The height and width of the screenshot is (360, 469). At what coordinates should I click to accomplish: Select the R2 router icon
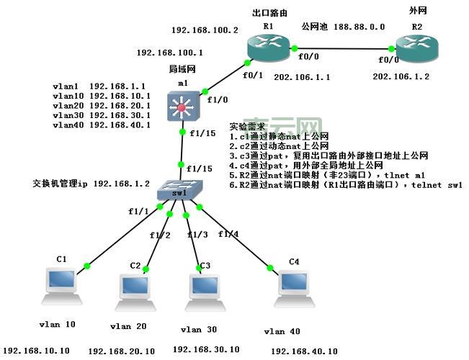click(416, 48)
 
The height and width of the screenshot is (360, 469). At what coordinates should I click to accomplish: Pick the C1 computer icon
click(61, 284)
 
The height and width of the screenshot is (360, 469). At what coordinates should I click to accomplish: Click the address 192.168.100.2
click(205, 30)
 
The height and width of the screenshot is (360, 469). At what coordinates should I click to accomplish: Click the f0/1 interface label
click(253, 75)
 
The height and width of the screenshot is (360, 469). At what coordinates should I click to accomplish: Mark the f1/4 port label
click(228, 233)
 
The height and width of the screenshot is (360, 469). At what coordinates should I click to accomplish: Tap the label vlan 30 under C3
click(200, 330)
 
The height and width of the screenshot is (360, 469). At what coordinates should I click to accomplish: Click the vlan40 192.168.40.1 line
click(102, 125)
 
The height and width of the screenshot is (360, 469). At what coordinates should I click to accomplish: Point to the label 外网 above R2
click(418, 12)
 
